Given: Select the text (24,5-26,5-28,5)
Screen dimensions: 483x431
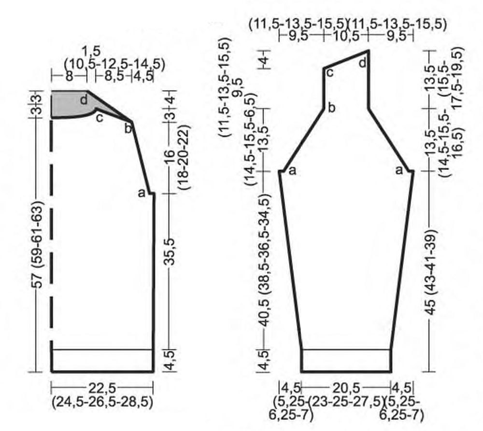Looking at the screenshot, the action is coord(102,402).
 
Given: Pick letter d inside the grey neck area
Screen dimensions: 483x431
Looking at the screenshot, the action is coord(84,100).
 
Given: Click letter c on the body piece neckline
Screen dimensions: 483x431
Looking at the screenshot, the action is coord(99,118).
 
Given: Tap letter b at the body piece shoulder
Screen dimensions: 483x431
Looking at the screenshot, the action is coord(128,128).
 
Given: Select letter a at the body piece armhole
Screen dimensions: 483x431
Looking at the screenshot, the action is coord(142,193).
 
